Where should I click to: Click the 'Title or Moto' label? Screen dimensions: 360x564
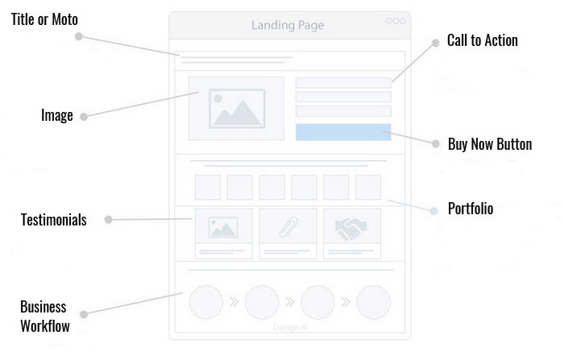coord(44,19)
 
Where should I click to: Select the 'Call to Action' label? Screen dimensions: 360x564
coord(482,40)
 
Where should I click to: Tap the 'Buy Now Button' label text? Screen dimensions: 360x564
coord(490,145)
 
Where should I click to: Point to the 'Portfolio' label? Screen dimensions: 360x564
coord(471,209)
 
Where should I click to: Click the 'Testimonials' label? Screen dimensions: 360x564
coord(53,220)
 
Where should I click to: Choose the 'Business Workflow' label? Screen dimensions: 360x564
coord(44,317)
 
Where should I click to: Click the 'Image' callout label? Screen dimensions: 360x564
coord(57,116)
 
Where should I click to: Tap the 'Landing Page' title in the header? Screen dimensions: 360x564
coord(288,25)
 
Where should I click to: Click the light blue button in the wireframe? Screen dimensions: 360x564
coord(343,133)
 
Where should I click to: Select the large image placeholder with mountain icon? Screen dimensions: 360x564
coord(236,108)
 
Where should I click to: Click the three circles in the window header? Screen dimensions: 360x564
coord(396,21)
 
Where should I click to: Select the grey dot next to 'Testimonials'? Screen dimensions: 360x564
coord(108,220)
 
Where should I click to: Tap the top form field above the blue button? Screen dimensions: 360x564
coord(343,81)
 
